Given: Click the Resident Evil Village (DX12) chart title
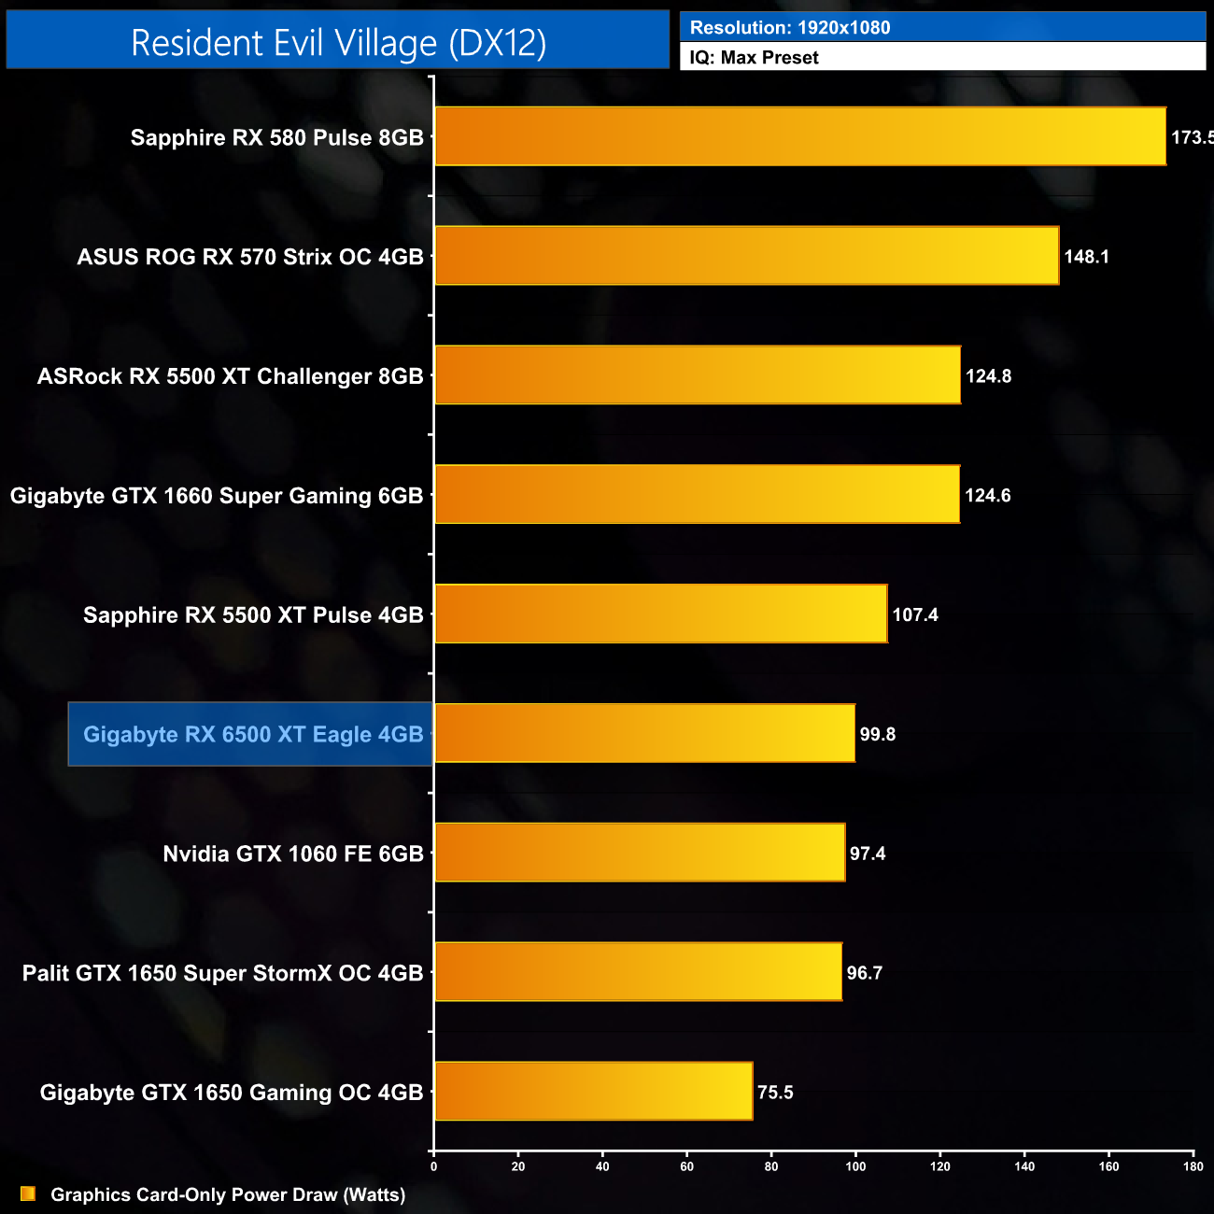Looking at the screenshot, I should pyautogui.click(x=338, y=43).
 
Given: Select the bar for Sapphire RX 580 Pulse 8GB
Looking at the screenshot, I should pyautogui.click(x=800, y=136).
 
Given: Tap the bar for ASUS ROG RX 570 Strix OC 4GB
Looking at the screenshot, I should pyautogui.click(x=747, y=256).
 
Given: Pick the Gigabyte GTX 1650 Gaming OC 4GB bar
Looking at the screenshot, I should pyautogui.click(x=594, y=1091).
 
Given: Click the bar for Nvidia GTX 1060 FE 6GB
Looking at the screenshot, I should pyautogui.click(x=640, y=853).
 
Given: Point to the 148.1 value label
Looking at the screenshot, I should pyautogui.click(x=1086, y=257).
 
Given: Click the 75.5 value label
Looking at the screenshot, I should pyautogui.click(x=775, y=1093).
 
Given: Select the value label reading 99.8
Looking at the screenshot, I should pyautogui.click(x=877, y=735).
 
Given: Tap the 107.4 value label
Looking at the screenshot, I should pyautogui.click(x=915, y=615).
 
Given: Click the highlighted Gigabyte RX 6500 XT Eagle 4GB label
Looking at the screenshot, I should pyautogui.click(x=253, y=735).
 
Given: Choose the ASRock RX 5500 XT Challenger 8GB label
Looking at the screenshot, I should pyautogui.click(x=231, y=376).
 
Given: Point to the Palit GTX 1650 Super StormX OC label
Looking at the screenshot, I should pyautogui.click(x=223, y=973).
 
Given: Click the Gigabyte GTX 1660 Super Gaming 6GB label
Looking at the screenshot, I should pyautogui.click(x=217, y=496).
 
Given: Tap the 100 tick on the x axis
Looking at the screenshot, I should pyautogui.click(x=855, y=1166).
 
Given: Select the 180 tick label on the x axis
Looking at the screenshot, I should pyautogui.click(x=1193, y=1166).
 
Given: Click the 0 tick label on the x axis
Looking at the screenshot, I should pyautogui.click(x=433, y=1166).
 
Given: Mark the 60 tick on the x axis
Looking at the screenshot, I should pyautogui.click(x=686, y=1166).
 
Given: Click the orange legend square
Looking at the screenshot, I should pyautogui.click(x=28, y=1194).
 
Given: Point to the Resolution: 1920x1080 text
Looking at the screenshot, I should pyautogui.click(x=790, y=28).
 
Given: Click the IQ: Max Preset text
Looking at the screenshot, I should pyautogui.click(x=754, y=58).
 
